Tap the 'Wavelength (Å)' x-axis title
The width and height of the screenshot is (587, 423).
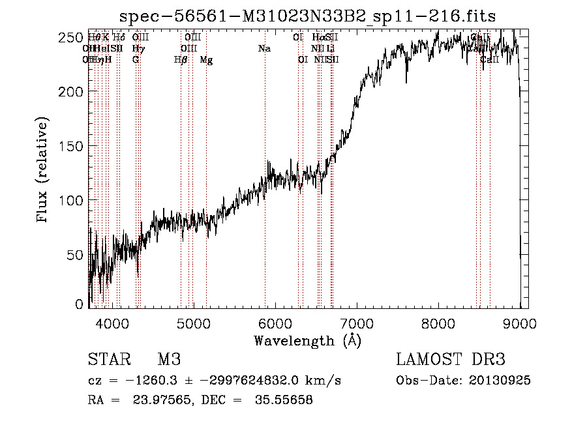(x=307, y=340)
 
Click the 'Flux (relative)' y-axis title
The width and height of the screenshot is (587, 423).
(x=44, y=171)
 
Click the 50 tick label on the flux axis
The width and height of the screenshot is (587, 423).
(x=76, y=254)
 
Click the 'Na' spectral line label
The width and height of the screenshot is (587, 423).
(x=264, y=49)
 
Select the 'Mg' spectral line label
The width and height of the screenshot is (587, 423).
(x=206, y=60)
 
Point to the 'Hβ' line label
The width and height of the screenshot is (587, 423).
(x=181, y=60)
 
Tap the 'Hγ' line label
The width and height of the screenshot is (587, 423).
(x=138, y=49)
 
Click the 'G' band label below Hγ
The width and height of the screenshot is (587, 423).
(x=136, y=60)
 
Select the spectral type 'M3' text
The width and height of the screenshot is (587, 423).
(x=169, y=360)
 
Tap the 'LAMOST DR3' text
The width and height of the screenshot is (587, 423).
(x=451, y=360)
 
